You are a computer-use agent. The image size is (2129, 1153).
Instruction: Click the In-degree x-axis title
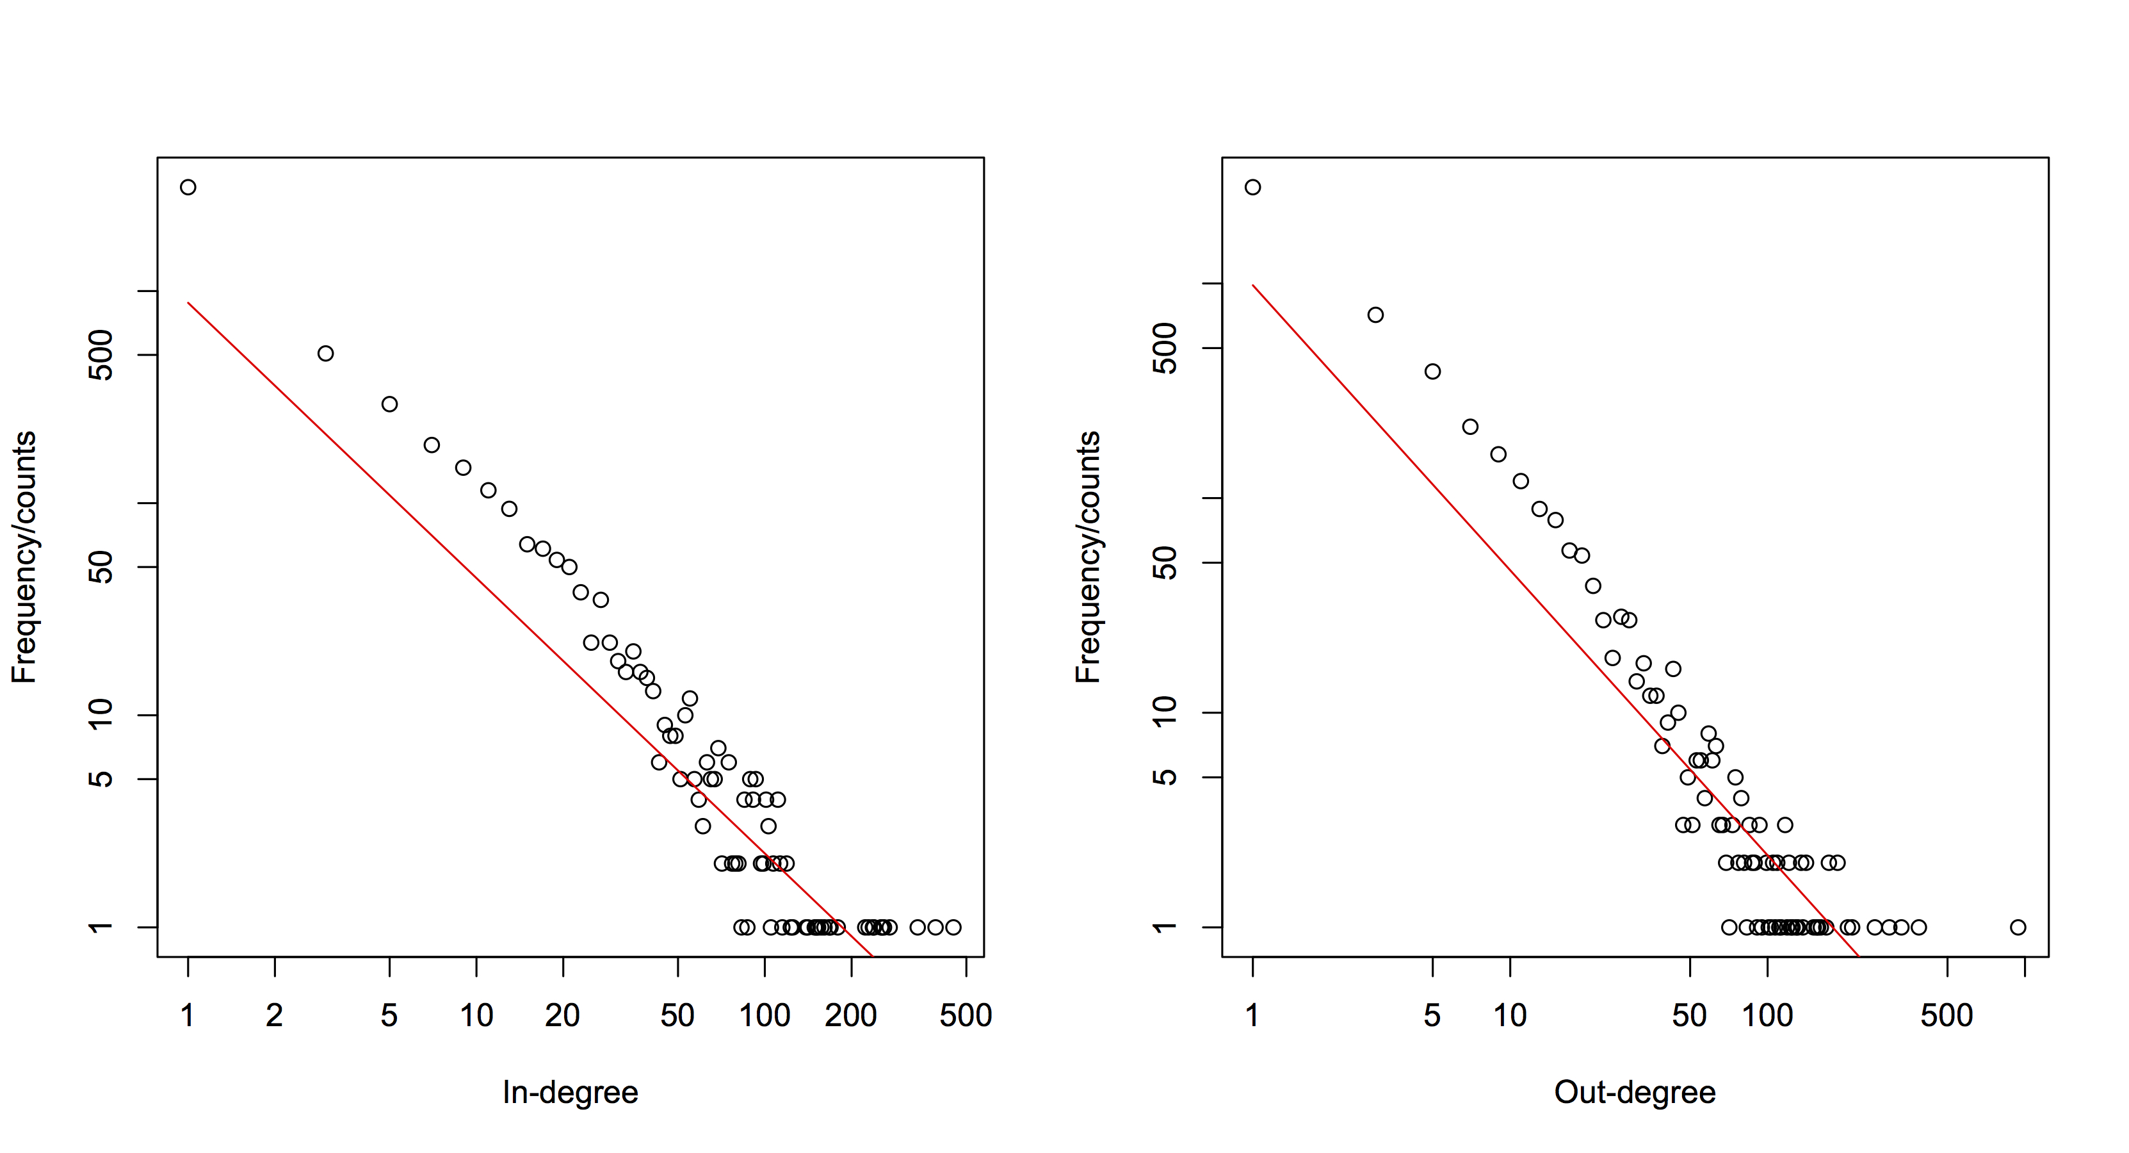point(571,1093)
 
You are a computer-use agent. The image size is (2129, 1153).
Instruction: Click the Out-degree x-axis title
point(1635,1093)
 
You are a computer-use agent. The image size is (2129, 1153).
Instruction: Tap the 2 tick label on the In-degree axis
point(275,1015)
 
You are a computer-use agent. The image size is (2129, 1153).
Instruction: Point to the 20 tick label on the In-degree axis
point(562,1015)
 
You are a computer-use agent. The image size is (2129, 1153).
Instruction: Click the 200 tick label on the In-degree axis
point(850,1015)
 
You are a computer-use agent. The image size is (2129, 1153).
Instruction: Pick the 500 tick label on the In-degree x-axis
point(966,1015)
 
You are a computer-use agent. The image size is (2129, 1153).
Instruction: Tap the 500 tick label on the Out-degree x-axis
point(1947,1015)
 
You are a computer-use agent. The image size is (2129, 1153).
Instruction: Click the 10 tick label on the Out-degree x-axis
point(1510,1015)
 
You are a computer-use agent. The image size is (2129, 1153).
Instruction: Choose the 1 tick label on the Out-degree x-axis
point(1253,1015)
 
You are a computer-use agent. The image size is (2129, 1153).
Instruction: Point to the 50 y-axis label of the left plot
point(101,567)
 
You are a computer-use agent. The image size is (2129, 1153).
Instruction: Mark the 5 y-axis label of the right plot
point(1165,777)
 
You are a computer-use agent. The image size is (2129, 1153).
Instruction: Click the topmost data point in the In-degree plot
point(188,187)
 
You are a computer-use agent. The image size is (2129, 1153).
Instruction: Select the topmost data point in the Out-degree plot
point(1253,187)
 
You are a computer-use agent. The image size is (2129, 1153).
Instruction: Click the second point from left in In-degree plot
point(326,354)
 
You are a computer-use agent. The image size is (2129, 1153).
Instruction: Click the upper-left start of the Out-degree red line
point(1254,285)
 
